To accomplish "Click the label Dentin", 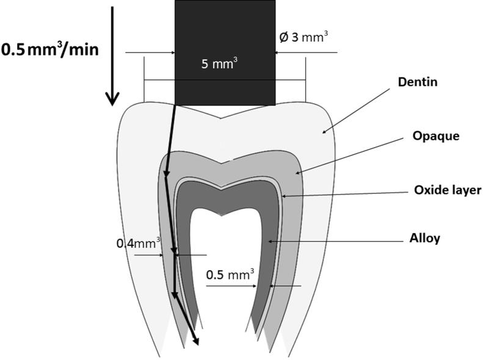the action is coord(418,82).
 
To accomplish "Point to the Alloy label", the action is coord(424,239).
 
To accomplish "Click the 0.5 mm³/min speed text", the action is coord(49,49).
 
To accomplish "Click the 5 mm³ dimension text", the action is coord(219,63).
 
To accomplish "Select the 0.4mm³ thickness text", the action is coord(139,243).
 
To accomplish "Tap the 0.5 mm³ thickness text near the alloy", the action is coord(230,275).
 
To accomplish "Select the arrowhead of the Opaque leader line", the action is coord(299,173).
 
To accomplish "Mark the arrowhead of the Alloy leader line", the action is coord(269,242).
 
